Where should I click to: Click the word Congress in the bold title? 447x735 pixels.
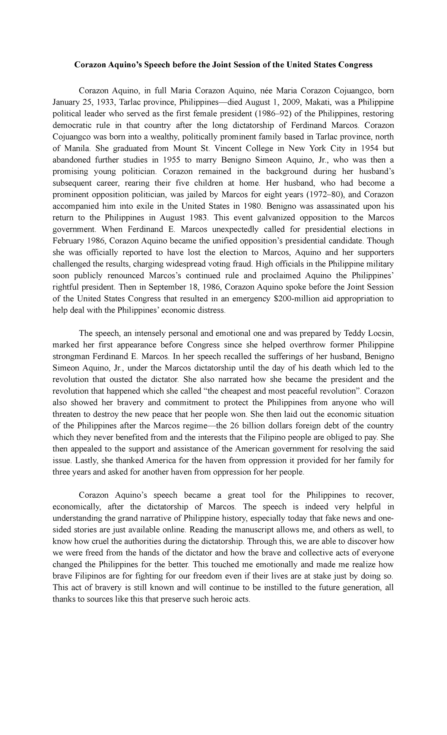tap(355, 65)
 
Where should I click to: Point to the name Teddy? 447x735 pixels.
tap(355, 333)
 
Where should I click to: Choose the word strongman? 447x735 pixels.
tap(73, 356)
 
